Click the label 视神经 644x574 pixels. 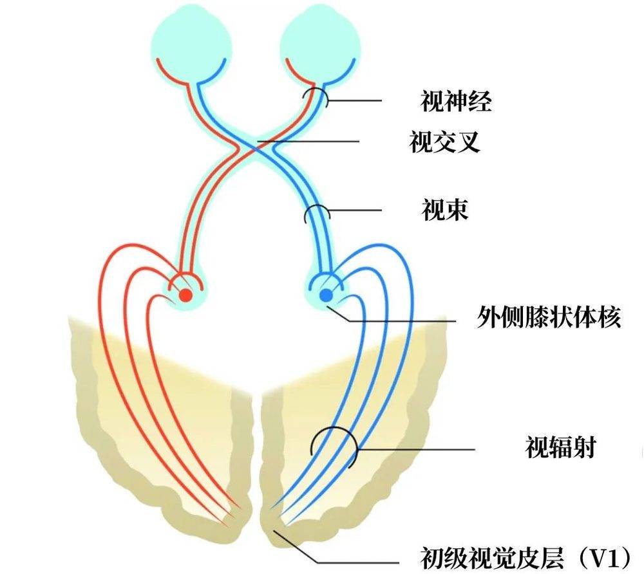click(x=455, y=101)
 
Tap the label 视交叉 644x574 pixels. click(x=445, y=142)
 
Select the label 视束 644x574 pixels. click(x=445, y=210)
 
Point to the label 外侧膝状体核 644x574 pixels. click(x=549, y=317)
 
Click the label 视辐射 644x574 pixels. click(x=560, y=447)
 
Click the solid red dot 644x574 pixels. click(x=185, y=295)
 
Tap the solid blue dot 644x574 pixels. click(x=327, y=295)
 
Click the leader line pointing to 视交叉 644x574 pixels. click(x=308, y=142)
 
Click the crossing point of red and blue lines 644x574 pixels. click(x=256, y=149)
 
